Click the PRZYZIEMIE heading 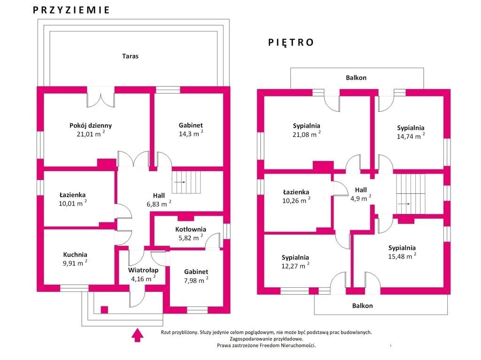pyautogui.click(x=71, y=10)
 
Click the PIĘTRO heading pyautogui.click(x=291, y=42)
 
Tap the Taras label pyautogui.click(x=130, y=56)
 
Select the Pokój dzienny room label pyautogui.click(x=91, y=125)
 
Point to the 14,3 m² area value pyautogui.click(x=191, y=133)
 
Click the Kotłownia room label pyautogui.click(x=191, y=229)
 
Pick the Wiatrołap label pyautogui.click(x=143, y=270)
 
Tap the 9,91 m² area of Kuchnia pyautogui.click(x=75, y=263)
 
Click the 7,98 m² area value pyautogui.click(x=196, y=280)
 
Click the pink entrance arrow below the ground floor pyautogui.click(x=138, y=335)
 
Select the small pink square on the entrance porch pyautogui.click(x=104, y=310)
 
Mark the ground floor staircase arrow pyautogui.click(x=180, y=182)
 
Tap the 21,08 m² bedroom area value pyautogui.click(x=306, y=134)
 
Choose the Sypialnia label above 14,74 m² pyautogui.click(x=411, y=128)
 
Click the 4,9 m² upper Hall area pyautogui.click(x=361, y=198)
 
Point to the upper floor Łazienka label pyautogui.click(x=296, y=192)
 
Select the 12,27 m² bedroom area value pyautogui.click(x=295, y=266)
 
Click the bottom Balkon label pyautogui.click(x=362, y=306)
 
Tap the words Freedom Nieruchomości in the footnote pyautogui.click(x=287, y=345)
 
